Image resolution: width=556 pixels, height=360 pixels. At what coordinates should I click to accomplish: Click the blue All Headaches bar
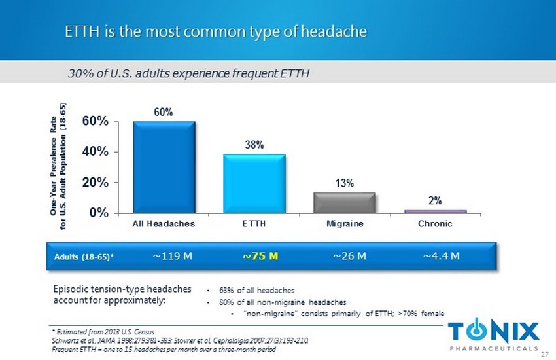click(164, 167)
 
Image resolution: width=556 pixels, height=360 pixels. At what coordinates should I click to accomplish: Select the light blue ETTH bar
click(254, 183)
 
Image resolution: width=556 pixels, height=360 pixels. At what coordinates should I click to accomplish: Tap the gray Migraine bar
click(345, 202)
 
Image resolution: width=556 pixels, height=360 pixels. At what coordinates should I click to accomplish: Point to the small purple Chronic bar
click(435, 211)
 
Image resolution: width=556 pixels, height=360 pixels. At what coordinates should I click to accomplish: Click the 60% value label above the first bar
click(164, 113)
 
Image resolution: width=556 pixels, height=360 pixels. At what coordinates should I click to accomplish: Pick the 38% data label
click(254, 145)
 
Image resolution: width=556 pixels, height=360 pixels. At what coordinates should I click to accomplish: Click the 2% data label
click(435, 202)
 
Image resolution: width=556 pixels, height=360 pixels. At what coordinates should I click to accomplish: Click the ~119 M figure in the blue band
click(172, 255)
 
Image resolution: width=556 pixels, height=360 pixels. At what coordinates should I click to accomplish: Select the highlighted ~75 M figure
click(260, 255)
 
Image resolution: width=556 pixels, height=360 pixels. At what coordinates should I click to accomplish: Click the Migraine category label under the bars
click(345, 224)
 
